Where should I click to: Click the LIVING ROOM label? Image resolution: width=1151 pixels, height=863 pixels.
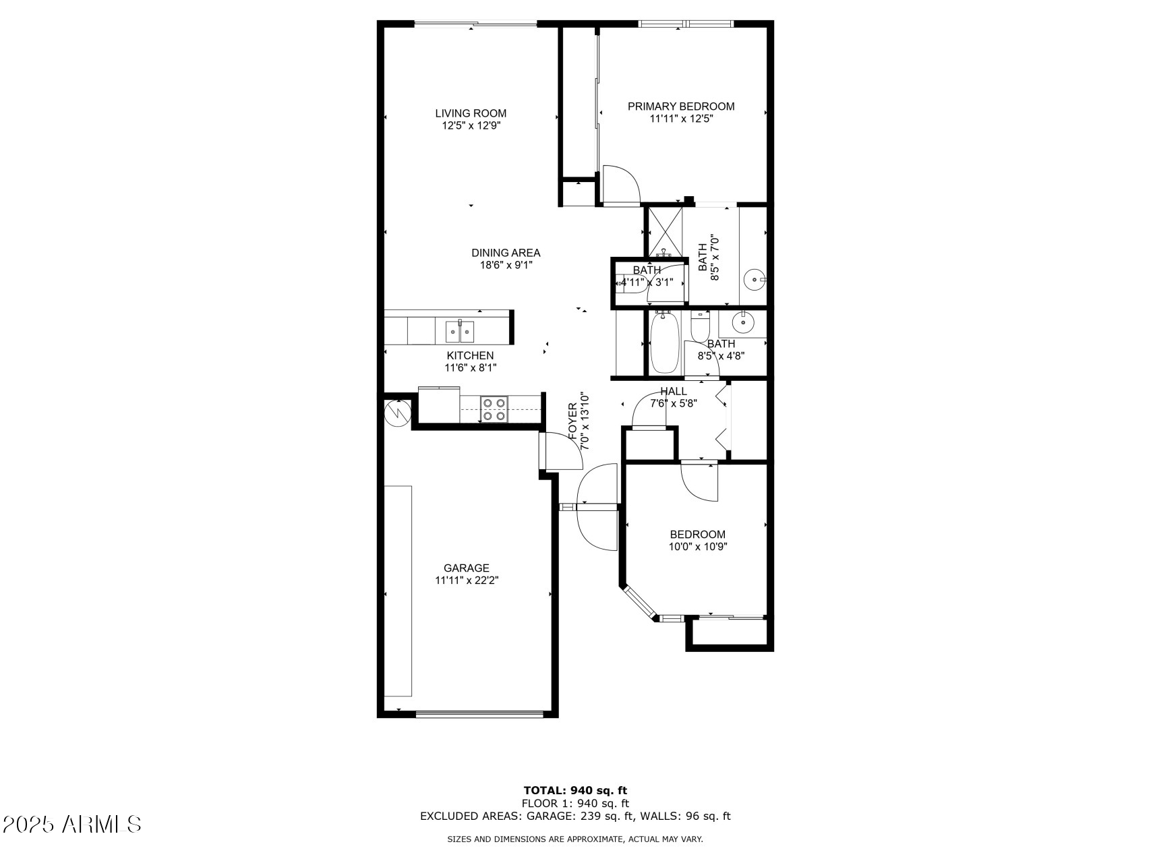471,113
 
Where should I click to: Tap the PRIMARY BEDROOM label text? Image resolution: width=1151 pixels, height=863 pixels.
681,107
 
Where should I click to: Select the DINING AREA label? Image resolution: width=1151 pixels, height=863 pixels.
506,253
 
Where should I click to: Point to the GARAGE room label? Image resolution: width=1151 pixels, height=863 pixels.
467,568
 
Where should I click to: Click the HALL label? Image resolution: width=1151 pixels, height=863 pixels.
674,392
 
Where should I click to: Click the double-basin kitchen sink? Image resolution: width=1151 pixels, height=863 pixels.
459,331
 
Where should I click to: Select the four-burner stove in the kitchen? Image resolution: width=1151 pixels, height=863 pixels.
494,409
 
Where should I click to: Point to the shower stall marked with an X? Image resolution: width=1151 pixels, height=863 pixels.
665,232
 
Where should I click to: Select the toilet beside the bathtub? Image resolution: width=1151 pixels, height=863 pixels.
701,327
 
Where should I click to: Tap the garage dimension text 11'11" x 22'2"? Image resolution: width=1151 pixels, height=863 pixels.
467,580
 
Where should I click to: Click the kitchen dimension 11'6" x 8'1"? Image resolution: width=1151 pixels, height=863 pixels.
471,367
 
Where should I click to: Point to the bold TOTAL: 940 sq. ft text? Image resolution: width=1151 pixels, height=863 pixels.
575,790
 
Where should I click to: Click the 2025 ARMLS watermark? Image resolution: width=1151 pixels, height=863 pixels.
72,824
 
